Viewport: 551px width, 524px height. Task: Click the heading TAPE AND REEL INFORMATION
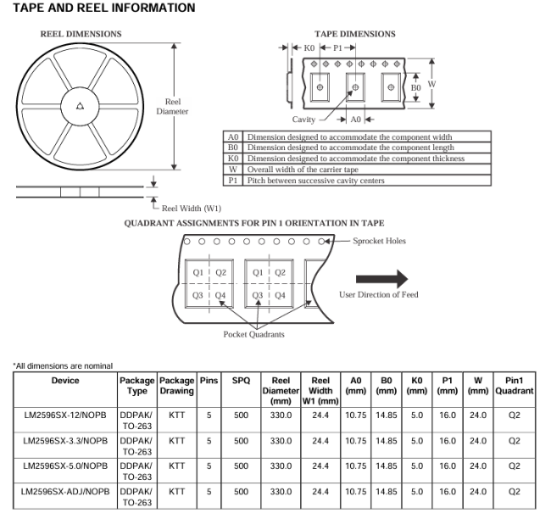104,8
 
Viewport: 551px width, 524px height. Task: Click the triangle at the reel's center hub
81,106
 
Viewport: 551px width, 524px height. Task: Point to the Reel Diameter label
172,107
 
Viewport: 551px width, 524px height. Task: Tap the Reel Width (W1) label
192,209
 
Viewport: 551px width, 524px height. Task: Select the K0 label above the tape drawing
309,47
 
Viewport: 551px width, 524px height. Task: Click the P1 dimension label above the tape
337,47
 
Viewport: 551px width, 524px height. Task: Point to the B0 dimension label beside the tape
415,87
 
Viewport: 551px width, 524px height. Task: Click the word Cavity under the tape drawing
303,120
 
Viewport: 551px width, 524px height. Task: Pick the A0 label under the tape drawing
356,120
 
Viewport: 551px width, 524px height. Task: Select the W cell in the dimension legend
233,170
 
